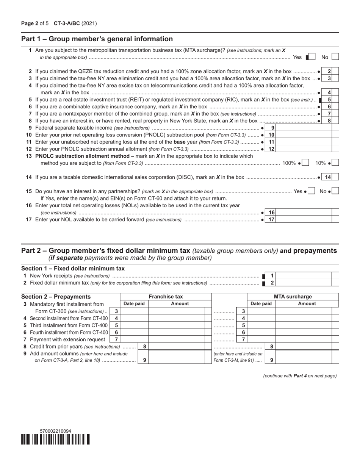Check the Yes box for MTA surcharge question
tap(312, 57)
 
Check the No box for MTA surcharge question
tap(335, 57)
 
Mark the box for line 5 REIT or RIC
tap(335, 100)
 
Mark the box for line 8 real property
tap(335, 121)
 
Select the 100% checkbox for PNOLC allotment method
tap(305, 163)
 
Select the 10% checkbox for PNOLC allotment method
tap(335, 163)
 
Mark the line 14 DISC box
tap(335, 177)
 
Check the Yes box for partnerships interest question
tap(311, 191)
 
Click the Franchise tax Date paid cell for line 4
tap(134, 318)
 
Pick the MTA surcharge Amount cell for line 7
tap(303, 339)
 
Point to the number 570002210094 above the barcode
tap(55, 431)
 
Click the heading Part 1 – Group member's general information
tap(97, 39)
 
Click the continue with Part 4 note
tap(300, 376)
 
